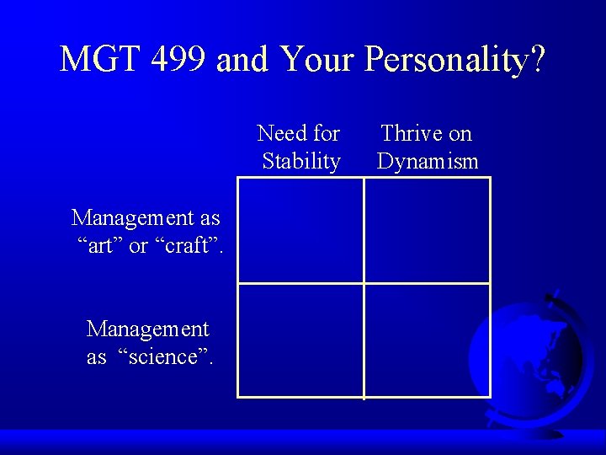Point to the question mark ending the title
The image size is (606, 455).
(536, 60)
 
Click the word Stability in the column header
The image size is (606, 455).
(301, 161)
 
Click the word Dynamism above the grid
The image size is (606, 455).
(428, 161)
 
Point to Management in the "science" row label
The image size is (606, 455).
(148, 328)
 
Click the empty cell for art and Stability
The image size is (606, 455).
(300, 230)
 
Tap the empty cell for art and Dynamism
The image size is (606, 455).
(427, 230)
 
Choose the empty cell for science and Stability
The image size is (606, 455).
(300, 340)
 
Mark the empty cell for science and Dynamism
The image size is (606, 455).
(427, 340)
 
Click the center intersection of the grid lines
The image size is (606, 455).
(364, 283)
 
